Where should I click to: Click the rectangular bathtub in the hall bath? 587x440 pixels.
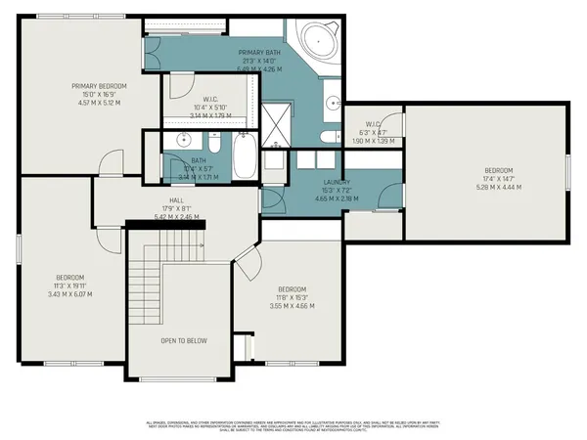coord(245,156)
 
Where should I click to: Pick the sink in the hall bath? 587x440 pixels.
coord(183,140)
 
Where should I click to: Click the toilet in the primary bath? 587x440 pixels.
coord(328,138)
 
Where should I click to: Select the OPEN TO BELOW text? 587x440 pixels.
coord(183,341)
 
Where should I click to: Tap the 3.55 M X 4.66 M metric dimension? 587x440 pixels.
coord(292,306)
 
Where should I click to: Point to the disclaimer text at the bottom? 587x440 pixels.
coord(293,425)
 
